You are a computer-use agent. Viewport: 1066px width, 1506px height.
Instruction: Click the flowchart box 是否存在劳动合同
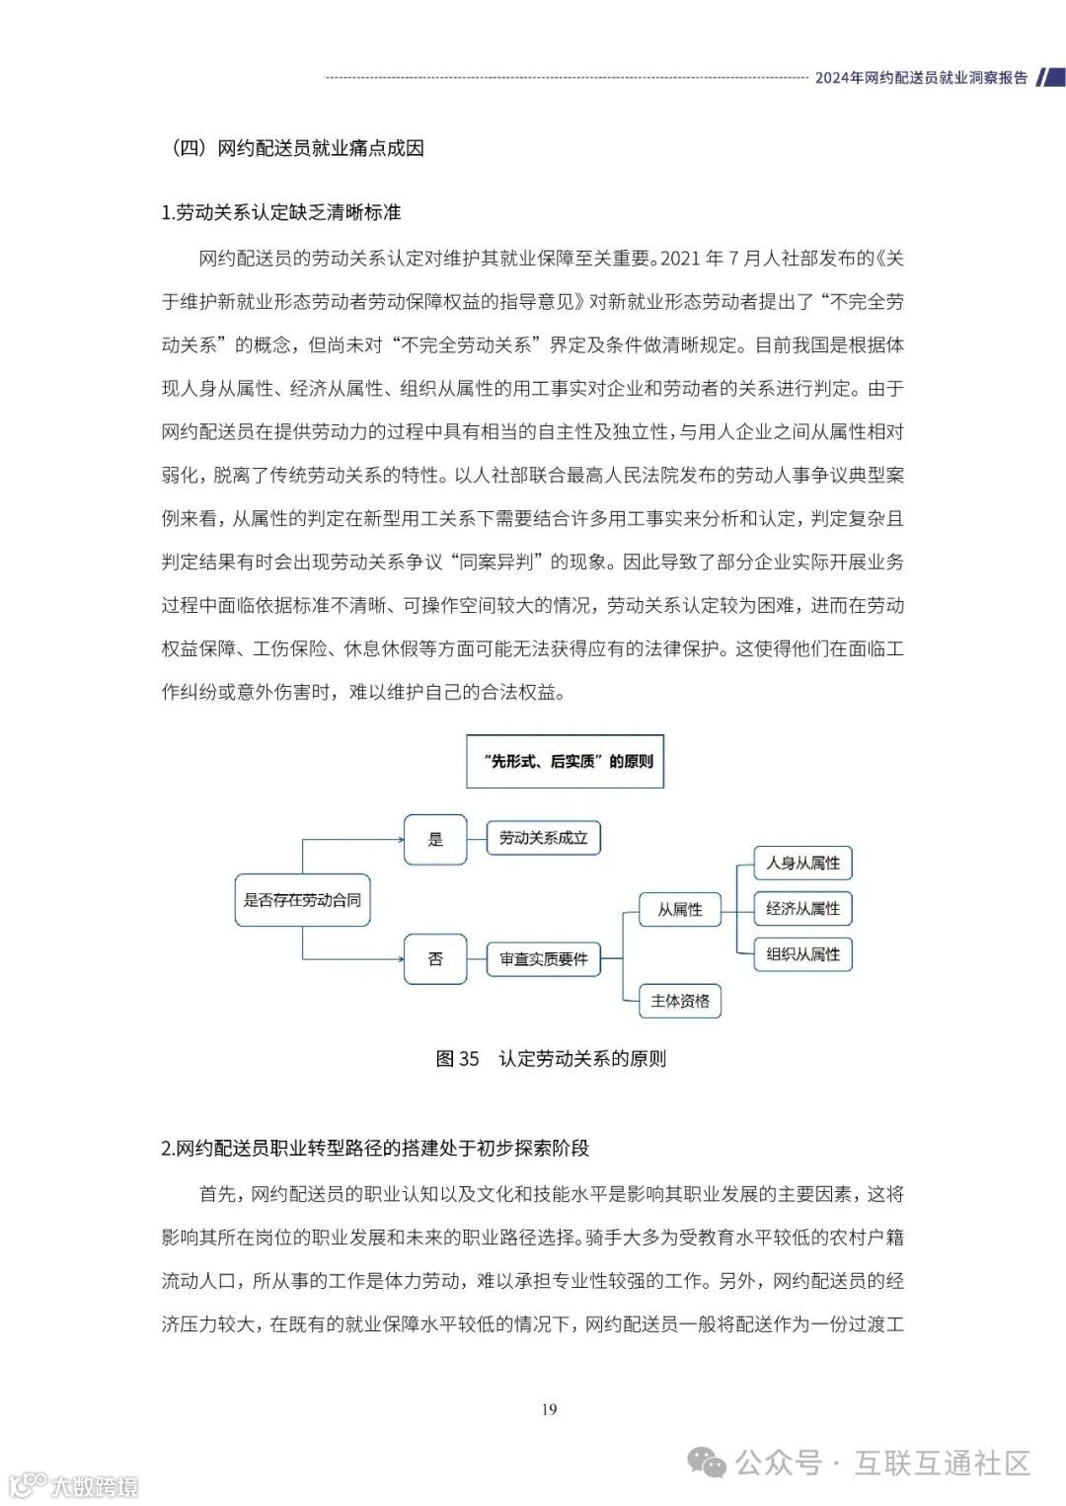pos(302,900)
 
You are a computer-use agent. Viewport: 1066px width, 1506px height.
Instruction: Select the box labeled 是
pos(435,840)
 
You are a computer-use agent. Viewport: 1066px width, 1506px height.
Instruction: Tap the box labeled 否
pos(435,958)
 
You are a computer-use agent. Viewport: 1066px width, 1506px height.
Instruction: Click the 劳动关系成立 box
pos(543,839)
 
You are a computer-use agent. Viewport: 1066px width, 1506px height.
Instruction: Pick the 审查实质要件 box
pos(543,958)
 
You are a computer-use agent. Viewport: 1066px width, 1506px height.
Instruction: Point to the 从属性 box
pos(680,909)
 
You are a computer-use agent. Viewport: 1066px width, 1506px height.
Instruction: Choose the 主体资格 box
pos(680,1001)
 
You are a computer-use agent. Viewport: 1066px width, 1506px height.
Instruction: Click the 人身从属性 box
pos(802,863)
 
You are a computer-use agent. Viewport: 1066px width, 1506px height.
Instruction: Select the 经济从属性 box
pos(802,909)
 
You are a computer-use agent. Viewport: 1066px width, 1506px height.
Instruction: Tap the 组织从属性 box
pos(802,954)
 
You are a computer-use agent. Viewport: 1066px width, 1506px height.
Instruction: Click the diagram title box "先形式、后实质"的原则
pos(566,761)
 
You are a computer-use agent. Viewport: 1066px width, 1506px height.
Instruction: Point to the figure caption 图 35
pos(457,1059)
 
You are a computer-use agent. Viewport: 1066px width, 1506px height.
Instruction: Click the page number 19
pos(549,1409)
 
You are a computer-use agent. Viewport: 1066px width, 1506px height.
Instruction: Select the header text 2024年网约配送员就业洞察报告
pos(920,78)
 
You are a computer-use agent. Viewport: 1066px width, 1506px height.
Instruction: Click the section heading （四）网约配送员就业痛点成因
pos(297,148)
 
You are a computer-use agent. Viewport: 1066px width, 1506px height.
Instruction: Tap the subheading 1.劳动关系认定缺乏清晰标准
pos(281,212)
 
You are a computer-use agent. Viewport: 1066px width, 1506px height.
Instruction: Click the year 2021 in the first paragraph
pos(679,259)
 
